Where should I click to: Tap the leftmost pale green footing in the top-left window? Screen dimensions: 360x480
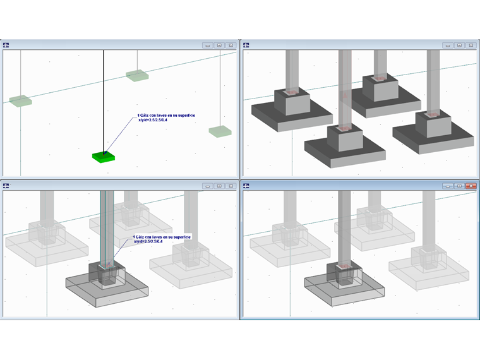20,101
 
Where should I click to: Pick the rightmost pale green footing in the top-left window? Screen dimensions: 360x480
220,131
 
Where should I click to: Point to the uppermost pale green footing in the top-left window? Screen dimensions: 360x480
136,76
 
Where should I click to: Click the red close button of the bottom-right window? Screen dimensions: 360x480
471,186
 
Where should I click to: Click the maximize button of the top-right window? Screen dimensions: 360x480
459,45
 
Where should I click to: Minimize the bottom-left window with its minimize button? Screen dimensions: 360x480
207,186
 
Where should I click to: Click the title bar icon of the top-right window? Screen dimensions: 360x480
246,45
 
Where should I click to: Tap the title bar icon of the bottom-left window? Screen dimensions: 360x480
6,186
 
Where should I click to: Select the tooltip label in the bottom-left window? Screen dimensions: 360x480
161,239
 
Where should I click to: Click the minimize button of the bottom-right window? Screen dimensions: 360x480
448,186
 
